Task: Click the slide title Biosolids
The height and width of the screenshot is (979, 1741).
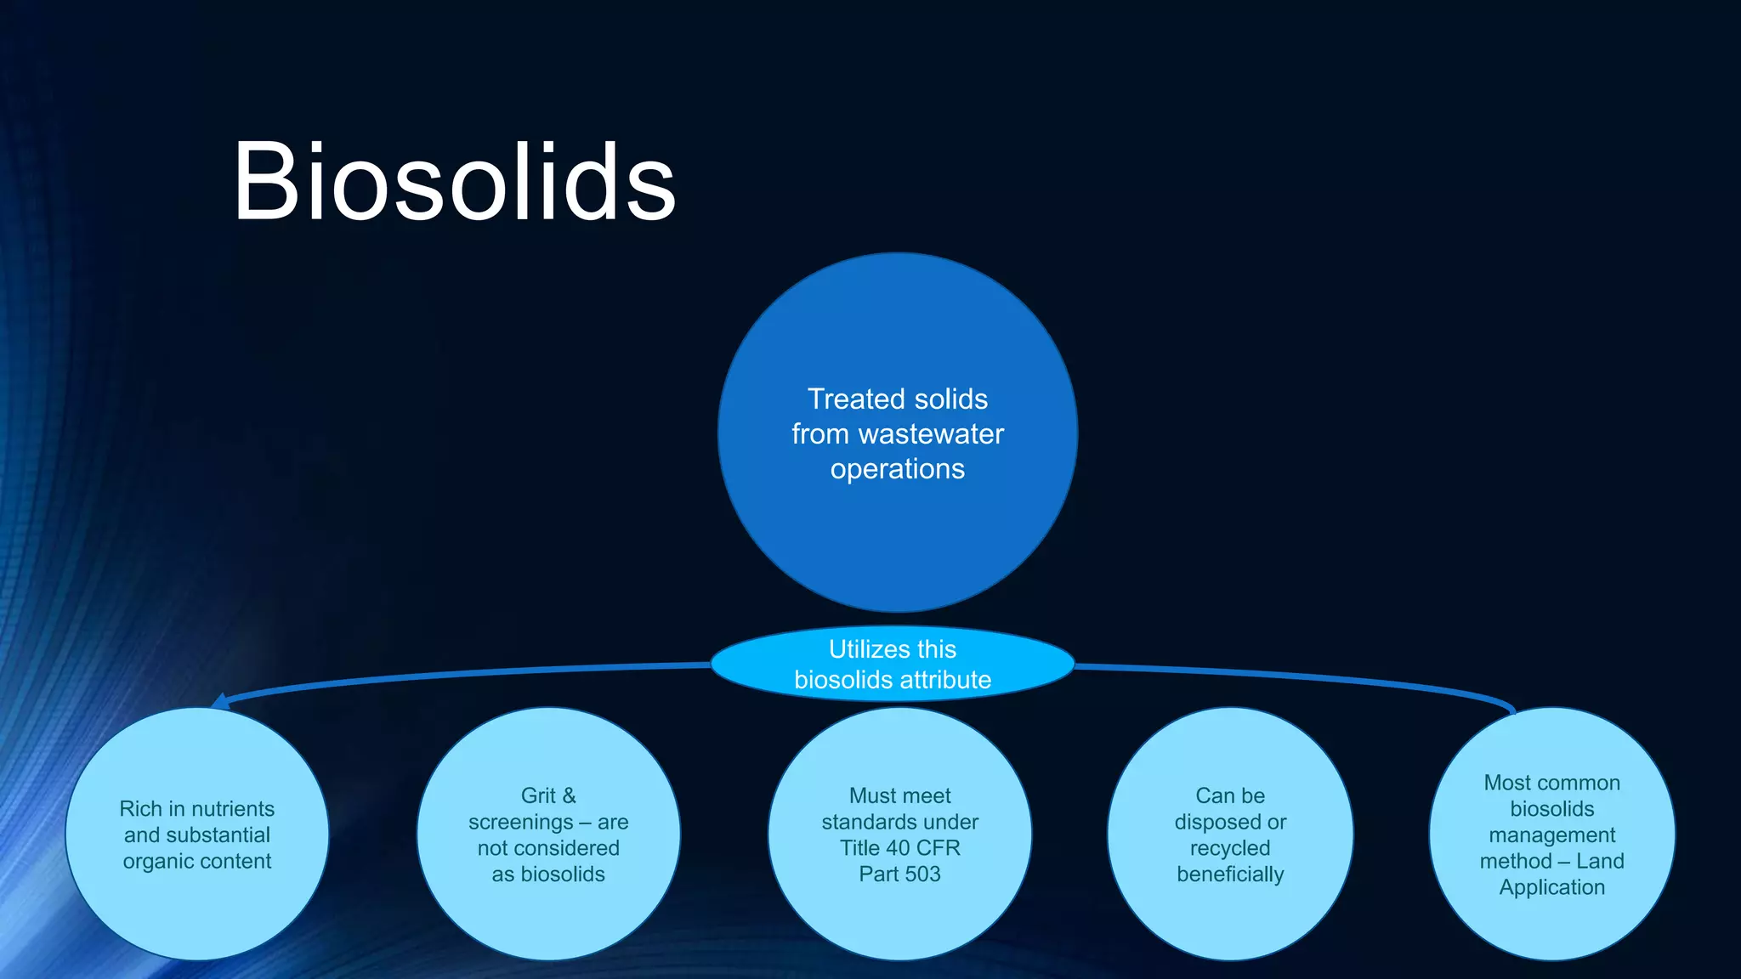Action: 454,183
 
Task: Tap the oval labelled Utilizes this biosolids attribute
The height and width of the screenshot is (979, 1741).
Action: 892,664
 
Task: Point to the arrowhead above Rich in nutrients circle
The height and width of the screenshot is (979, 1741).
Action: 220,701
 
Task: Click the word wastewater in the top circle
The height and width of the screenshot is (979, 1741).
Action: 931,434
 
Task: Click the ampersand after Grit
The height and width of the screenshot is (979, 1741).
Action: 569,795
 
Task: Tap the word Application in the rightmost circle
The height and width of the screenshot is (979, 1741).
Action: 1552,887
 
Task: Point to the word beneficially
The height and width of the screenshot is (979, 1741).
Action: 1230,874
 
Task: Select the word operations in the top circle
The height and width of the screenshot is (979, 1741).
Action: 898,469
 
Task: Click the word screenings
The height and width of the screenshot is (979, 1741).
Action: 520,822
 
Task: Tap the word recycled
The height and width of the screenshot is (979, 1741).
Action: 1230,848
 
